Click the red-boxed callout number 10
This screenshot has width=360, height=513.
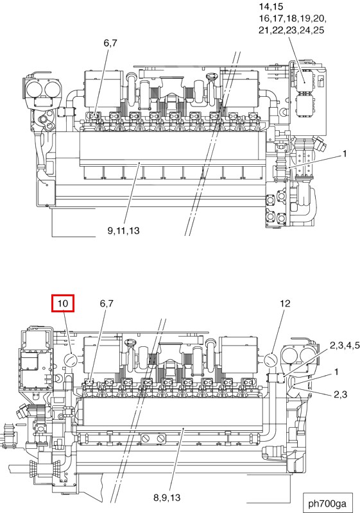(x=63, y=303)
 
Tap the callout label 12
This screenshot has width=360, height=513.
(x=285, y=303)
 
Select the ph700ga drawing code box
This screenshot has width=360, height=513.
(x=328, y=503)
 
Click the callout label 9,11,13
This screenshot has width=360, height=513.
(x=123, y=231)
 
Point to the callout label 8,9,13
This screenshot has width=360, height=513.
(x=167, y=498)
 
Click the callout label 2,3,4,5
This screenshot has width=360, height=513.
(x=345, y=345)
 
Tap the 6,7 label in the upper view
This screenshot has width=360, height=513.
(x=110, y=43)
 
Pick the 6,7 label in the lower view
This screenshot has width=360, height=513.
(x=107, y=303)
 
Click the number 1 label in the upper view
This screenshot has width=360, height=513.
(x=345, y=153)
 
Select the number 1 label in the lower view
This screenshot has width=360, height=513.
(x=336, y=372)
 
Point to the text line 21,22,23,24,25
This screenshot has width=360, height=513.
(x=291, y=30)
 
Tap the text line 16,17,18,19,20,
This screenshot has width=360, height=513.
(x=293, y=19)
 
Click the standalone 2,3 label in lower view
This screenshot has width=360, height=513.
(x=340, y=394)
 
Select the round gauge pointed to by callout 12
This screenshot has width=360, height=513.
(x=271, y=360)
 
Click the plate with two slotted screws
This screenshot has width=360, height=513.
(x=153, y=439)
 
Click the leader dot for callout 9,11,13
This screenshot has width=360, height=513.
(x=139, y=162)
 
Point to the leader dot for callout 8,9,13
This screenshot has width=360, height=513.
(x=184, y=428)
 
